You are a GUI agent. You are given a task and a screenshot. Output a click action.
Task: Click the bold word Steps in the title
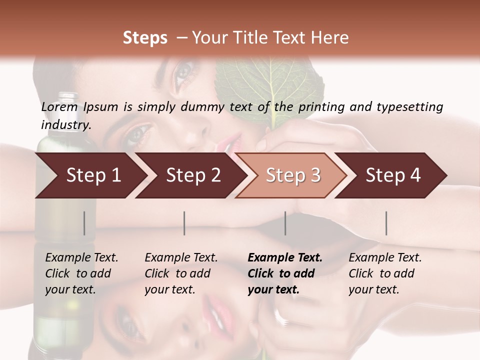145,38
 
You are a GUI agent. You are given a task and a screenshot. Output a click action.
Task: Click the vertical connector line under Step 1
84,223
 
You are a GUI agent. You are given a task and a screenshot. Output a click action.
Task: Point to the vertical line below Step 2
184,223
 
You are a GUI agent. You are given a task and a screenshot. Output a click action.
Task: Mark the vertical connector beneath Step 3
285,223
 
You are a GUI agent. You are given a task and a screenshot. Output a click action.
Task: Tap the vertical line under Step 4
386,223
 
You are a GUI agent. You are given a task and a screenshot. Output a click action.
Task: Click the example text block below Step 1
81,273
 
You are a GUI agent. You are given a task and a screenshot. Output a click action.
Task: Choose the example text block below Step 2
181,273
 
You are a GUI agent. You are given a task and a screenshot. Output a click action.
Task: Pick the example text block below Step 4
385,273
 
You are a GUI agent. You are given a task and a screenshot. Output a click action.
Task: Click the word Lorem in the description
59,107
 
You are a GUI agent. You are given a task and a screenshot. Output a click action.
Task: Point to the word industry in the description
66,125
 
